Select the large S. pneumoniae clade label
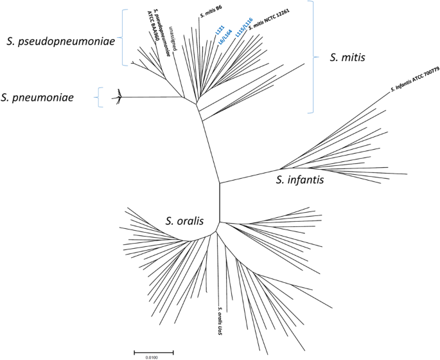click(46, 98)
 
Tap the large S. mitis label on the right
click(347, 58)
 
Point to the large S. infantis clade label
click(300, 181)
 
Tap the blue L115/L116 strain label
click(245, 28)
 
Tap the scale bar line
click(154, 352)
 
